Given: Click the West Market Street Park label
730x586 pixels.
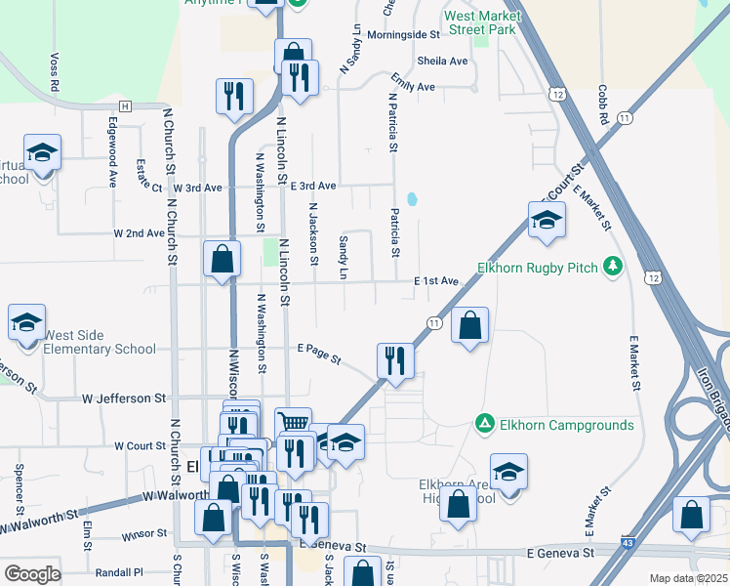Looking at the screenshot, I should (479, 22).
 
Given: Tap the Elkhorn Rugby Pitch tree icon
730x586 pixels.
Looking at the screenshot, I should (613, 267).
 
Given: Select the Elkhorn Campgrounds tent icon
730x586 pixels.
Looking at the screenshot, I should (483, 424).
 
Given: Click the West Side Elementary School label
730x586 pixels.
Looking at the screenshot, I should (100, 342).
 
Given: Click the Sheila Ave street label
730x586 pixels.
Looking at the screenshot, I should (442, 61).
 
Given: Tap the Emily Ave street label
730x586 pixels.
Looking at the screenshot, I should (413, 85).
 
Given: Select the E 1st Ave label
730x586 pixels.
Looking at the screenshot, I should (435, 281).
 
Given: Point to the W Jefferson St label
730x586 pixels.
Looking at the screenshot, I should (124, 398).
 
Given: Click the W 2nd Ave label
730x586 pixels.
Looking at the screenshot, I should (139, 233).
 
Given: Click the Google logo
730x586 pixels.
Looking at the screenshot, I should (32, 574).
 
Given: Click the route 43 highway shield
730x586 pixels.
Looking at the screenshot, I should (626, 542).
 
